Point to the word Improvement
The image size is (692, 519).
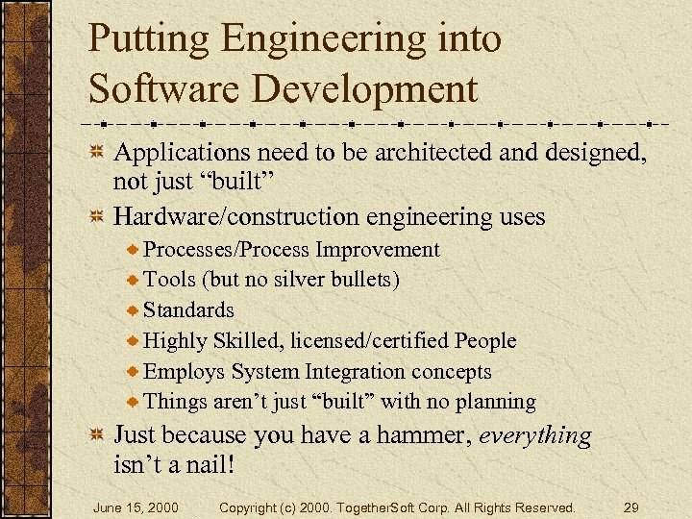[377, 250]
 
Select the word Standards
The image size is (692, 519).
[188, 310]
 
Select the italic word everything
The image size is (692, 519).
[535, 435]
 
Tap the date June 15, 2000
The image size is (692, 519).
[135, 507]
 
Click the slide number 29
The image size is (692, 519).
[630, 507]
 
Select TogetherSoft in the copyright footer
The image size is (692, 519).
[382, 507]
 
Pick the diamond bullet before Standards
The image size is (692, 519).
[133, 310]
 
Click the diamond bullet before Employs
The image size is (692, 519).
[133, 372]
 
